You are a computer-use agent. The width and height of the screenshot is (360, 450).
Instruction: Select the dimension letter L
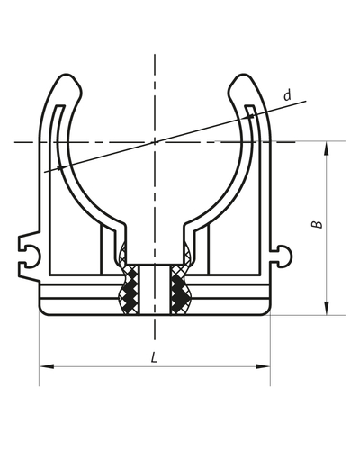155,357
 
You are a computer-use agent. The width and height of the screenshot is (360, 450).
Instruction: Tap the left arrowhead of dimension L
45,366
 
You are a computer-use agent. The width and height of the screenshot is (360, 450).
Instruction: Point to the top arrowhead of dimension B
325,147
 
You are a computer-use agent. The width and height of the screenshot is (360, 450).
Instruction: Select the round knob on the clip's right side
286,256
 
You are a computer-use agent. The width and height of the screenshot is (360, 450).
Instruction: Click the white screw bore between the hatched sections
155,288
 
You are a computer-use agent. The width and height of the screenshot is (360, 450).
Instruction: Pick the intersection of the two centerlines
155,141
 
